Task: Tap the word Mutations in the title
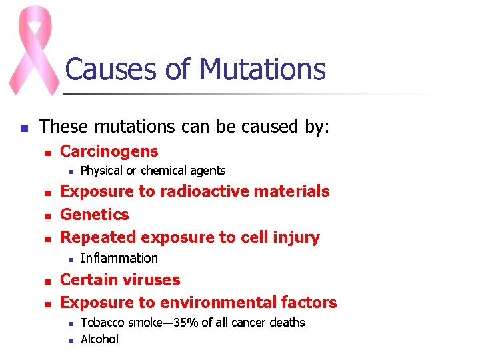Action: click(x=263, y=69)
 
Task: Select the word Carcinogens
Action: click(x=109, y=151)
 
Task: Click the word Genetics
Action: click(x=95, y=215)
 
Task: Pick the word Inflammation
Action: click(x=119, y=258)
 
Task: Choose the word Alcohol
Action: click(x=99, y=339)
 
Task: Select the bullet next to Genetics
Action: click(x=47, y=215)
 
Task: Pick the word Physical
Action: click(x=101, y=171)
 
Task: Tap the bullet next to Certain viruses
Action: click(x=47, y=281)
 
